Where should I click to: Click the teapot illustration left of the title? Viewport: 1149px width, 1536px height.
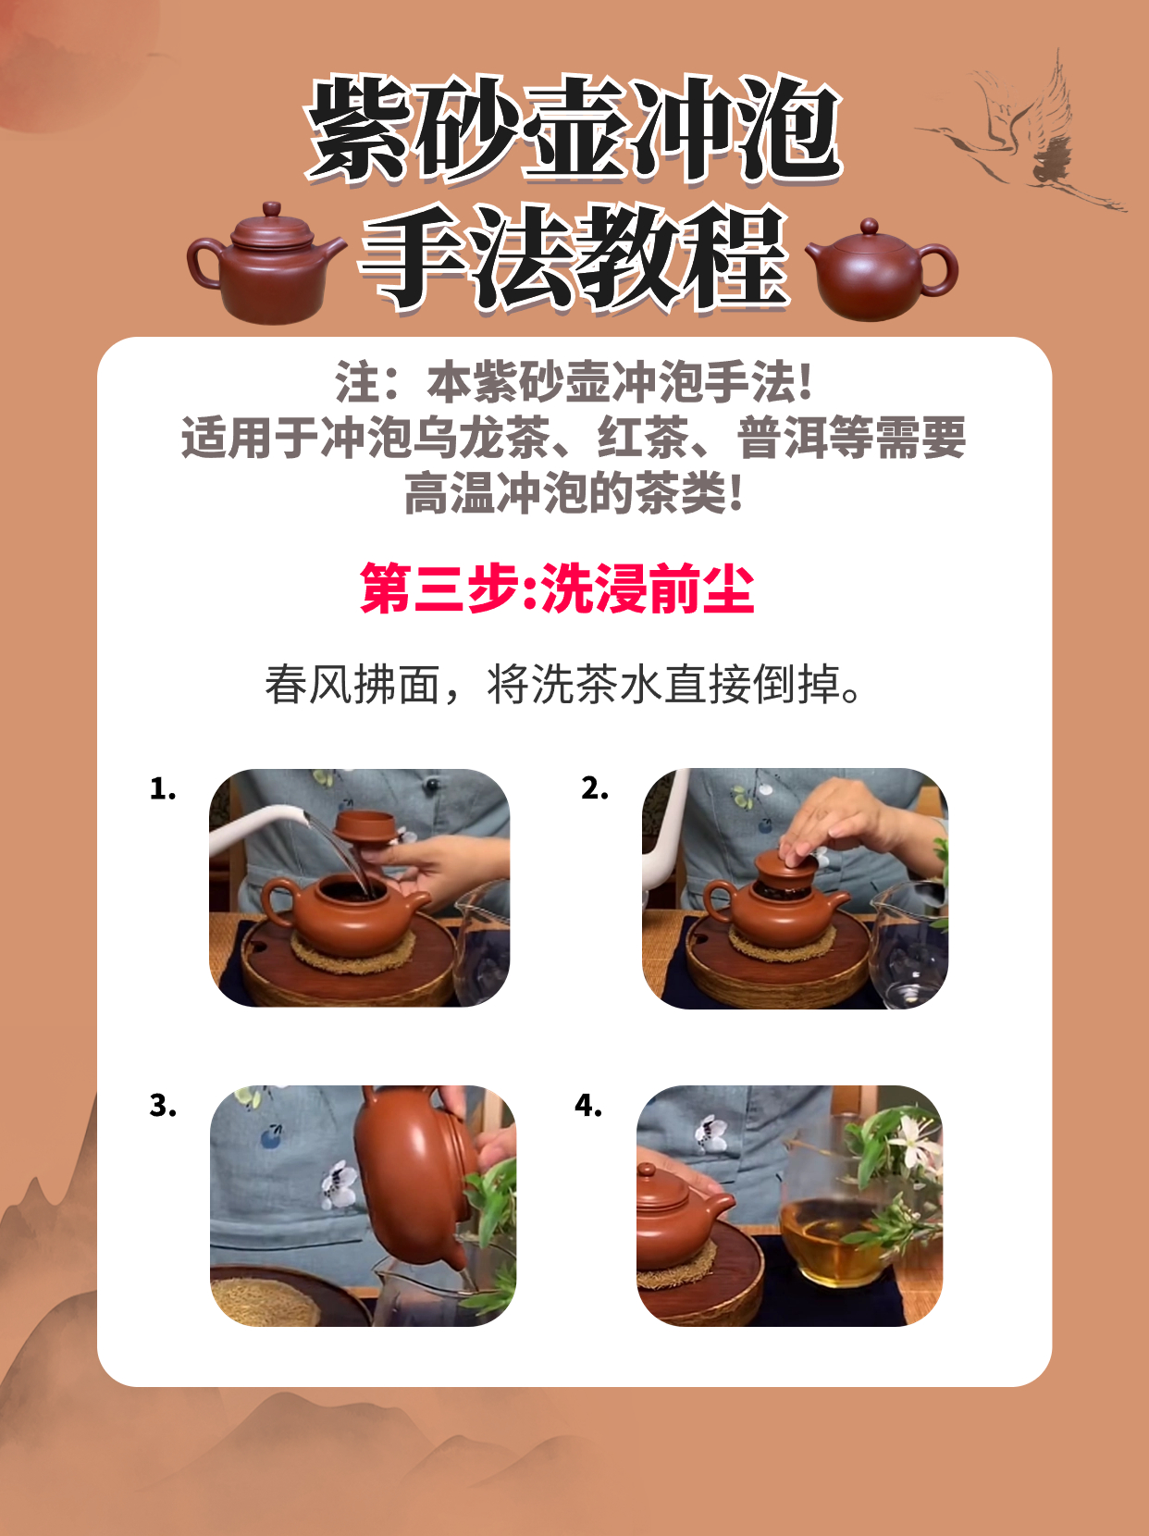tap(266, 265)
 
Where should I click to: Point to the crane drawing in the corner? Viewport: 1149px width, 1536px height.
tap(1021, 133)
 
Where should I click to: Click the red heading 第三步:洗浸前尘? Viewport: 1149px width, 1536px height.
tap(557, 588)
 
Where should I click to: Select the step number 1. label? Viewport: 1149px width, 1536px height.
tap(162, 788)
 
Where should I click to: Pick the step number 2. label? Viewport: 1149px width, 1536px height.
tap(595, 788)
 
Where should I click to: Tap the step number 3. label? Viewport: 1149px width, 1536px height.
tap(162, 1106)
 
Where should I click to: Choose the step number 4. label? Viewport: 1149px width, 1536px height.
tap(588, 1106)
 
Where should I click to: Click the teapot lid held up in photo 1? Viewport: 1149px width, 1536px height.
tap(364, 828)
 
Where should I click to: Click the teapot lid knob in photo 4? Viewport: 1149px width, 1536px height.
tap(647, 1170)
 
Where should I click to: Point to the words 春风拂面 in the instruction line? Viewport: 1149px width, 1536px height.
tap(352, 684)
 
